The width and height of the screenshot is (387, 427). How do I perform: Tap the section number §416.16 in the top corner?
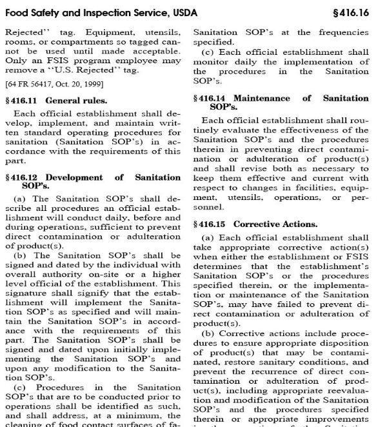(x=352, y=12)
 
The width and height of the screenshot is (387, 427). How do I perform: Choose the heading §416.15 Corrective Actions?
(x=244, y=224)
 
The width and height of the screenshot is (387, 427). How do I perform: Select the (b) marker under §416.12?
(x=19, y=256)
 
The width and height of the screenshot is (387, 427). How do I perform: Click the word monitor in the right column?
(x=210, y=62)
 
